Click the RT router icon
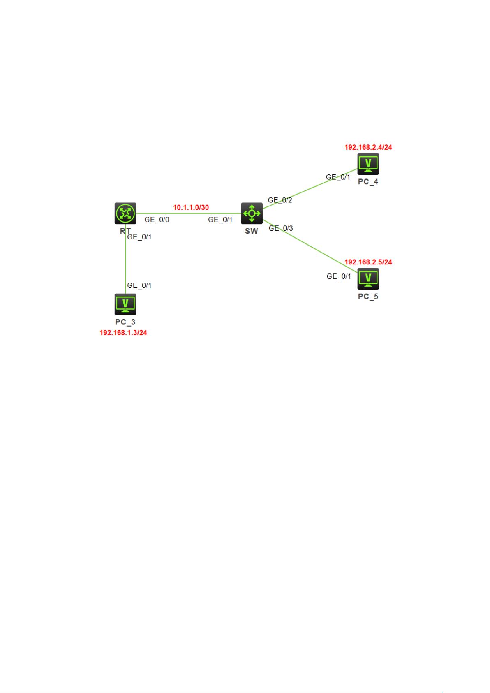click(x=125, y=213)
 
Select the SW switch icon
click(x=252, y=213)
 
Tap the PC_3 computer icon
click(x=125, y=304)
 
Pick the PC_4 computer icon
click(x=368, y=164)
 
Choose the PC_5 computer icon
click(x=368, y=278)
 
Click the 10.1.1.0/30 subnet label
click(x=191, y=207)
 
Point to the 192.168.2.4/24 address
click(x=368, y=147)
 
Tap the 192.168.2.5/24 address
click(x=368, y=262)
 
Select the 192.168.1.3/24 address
click(x=123, y=333)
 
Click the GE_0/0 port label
click(x=157, y=220)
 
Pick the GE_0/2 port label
click(x=280, y=200)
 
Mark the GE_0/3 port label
click(x=281, y=228)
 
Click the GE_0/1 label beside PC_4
click(x=338, y=177)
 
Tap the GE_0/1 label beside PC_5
click(x=339, y=276)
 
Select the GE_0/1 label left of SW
click(x=220, y=220)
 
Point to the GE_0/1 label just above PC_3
click(x=139, y=285)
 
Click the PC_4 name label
click(x=368, y=181)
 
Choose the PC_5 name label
click(x=368, y=297)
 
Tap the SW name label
click(x=252, y=231)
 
